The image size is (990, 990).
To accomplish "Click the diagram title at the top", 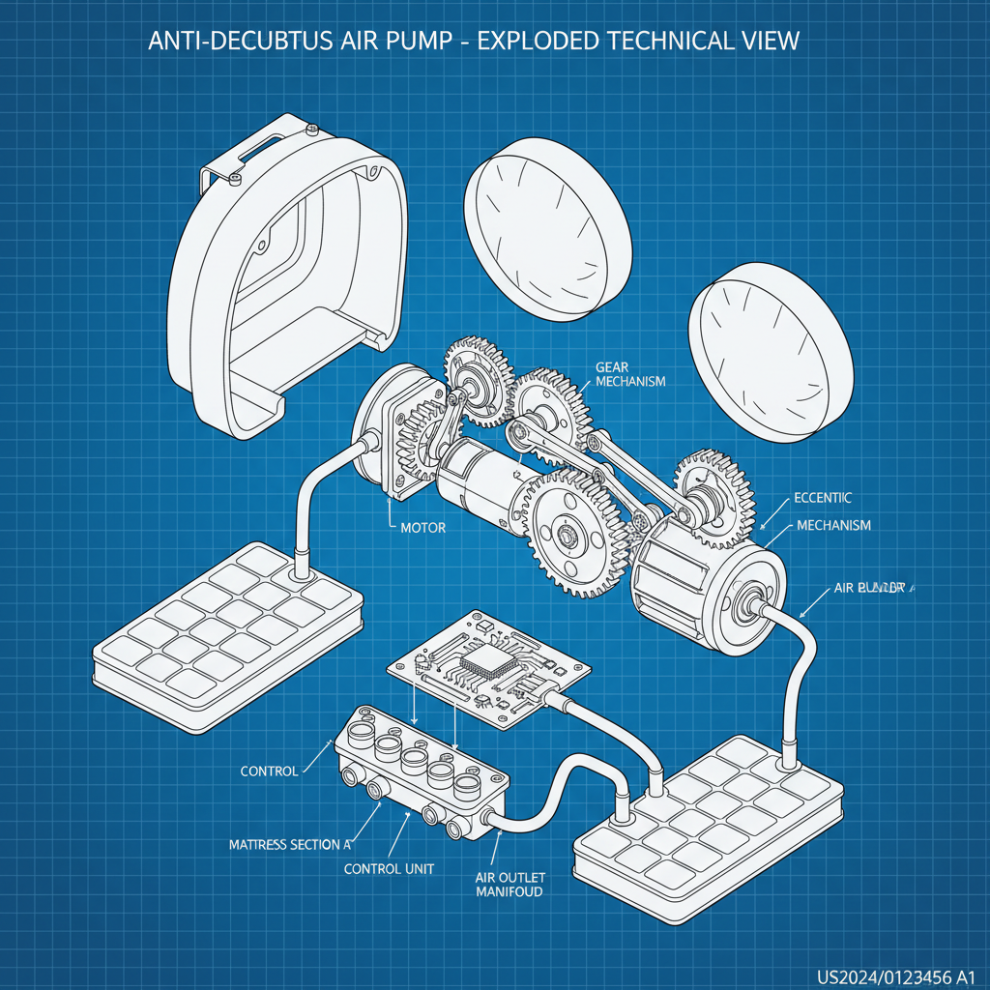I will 474,43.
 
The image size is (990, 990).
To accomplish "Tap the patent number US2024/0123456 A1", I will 894,973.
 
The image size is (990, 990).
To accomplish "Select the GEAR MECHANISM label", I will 630,374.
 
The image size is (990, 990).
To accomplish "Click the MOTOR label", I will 422,529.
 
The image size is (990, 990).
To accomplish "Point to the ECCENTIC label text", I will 823,498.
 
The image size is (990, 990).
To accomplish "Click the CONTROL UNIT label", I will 389,868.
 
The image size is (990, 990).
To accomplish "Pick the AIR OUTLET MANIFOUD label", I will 509,884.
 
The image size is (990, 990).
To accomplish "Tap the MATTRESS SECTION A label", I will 289,844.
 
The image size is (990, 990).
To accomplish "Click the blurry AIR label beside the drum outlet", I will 867,588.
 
